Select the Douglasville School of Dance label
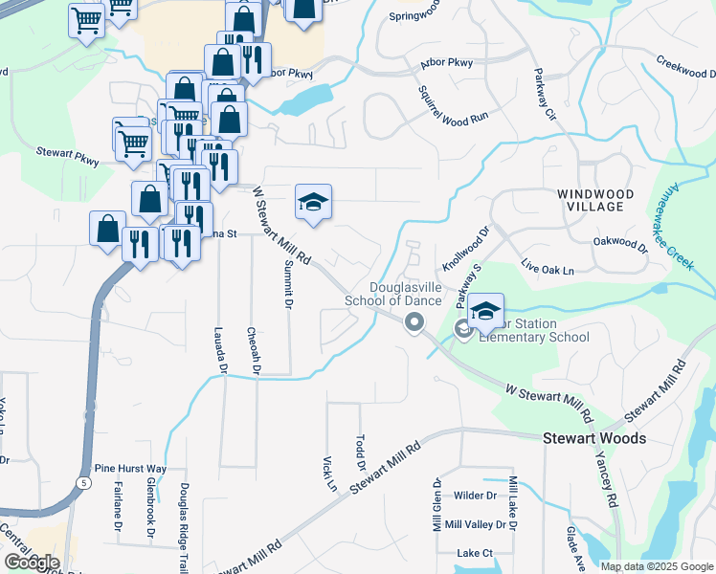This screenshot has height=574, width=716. [406, 294]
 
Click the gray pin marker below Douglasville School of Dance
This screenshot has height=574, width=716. [414, 323]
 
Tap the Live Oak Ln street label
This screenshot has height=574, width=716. [548, 264]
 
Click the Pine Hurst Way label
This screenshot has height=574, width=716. [130, 469]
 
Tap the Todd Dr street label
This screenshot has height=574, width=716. [360, 451]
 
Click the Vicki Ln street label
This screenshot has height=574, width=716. [330, 473]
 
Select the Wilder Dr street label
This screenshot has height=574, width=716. [476, 496]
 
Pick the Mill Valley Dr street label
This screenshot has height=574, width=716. [476, 524]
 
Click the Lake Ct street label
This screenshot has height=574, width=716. [475, 553]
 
